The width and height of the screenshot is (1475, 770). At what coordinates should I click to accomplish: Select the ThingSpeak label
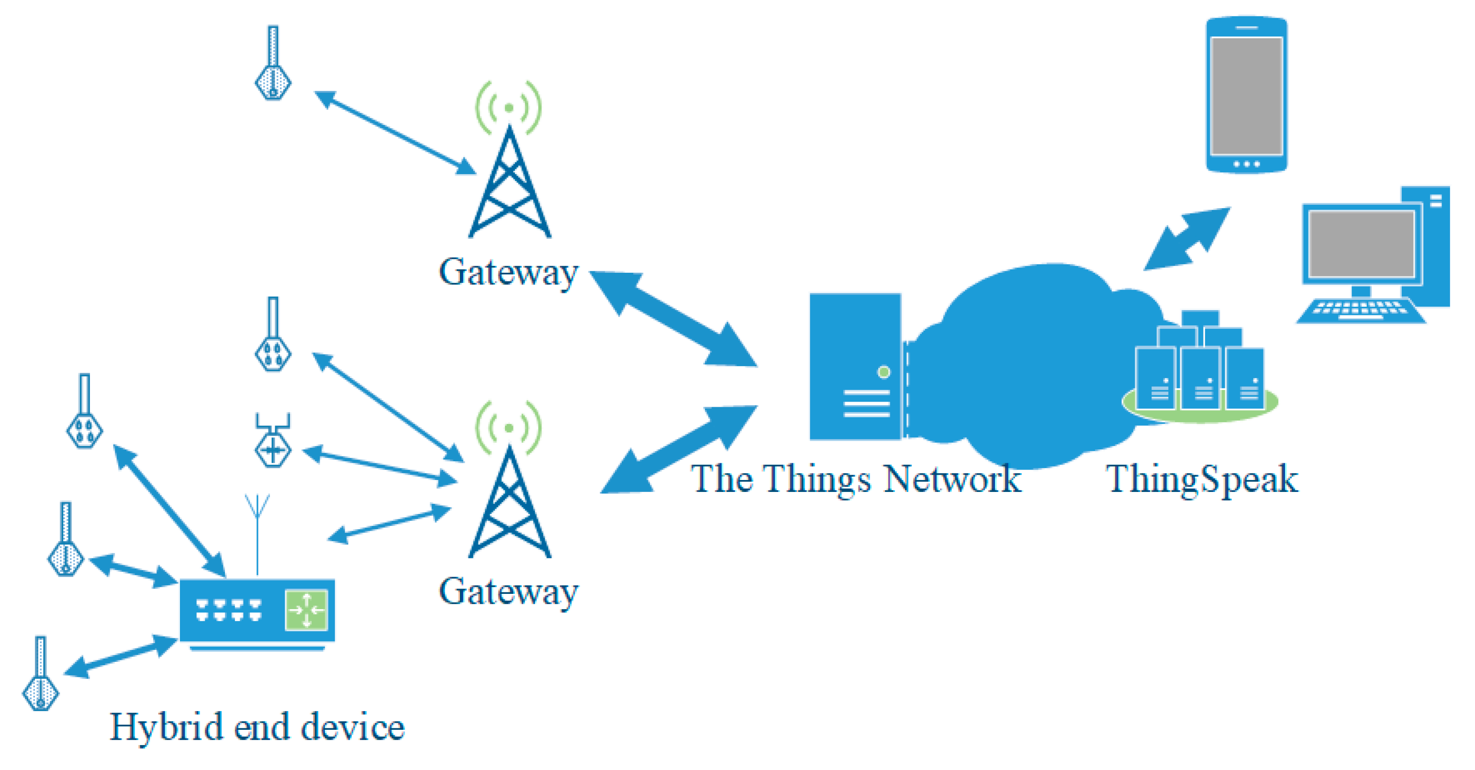click(x=1201, y=479)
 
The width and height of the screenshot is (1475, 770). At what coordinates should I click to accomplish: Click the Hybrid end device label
click(x=257, y=727)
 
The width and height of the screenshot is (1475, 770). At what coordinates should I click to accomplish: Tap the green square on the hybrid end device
click(x=306, y=610)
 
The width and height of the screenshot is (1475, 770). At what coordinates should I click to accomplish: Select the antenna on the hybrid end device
click(x=257, y=536)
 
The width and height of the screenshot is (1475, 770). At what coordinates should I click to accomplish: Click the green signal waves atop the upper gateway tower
click(x=508, y=108)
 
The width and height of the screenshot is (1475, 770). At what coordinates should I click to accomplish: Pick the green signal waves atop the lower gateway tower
click(x=508, y=428)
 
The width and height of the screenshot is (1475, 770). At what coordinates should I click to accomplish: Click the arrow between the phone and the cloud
click(x=1187, y=238)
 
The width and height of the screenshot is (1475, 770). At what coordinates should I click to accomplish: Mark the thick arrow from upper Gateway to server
click(x=673, y=318)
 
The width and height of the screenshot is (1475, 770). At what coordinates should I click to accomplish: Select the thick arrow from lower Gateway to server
click(x=679, y=449)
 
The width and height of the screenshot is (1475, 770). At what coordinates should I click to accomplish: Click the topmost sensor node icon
click(x=273, y=63)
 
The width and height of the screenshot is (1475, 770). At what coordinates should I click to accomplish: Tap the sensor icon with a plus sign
click(x=273, y=441)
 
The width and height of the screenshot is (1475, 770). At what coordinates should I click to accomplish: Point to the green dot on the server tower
click(x=883, y=372)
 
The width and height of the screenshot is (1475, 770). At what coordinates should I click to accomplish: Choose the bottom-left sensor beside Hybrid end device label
click(x=40, y=673)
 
